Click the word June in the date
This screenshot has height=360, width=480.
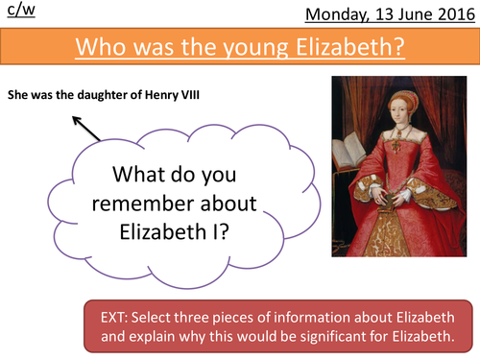pyautogui.click(x=417, y=13)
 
